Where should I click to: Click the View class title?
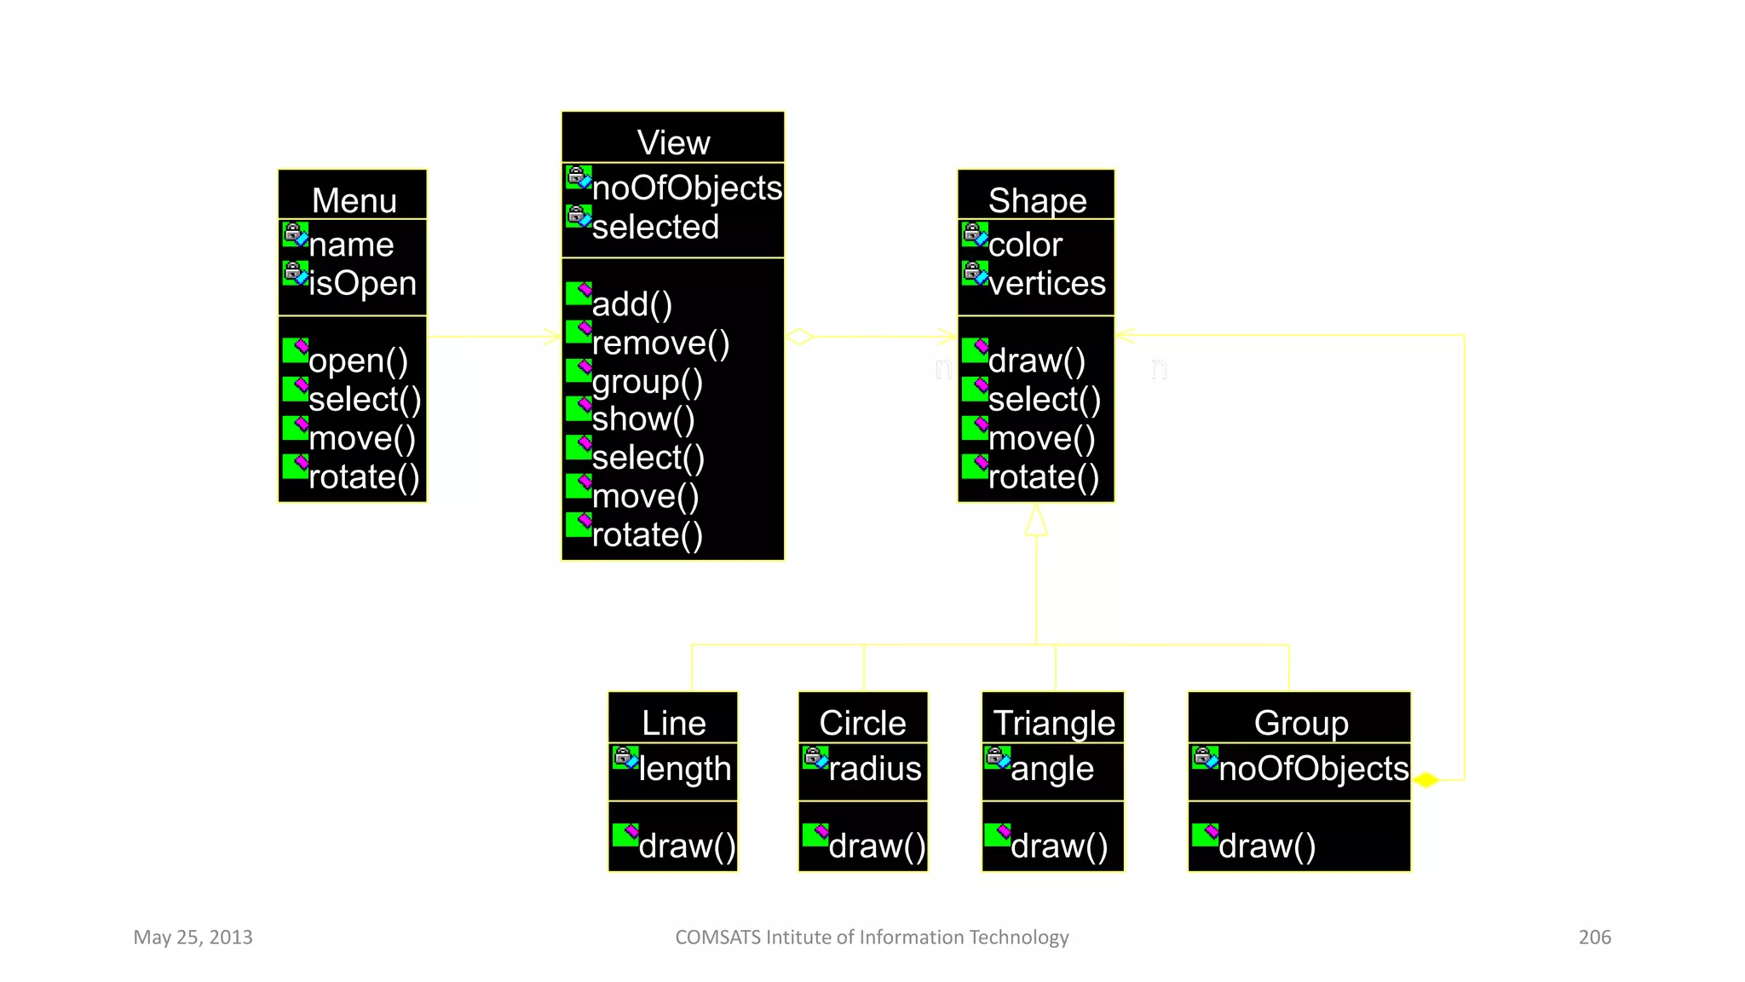pyautogui.click(x=673, y=142)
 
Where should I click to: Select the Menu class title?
pyautogui.click(x=354, y=200)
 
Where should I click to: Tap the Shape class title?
pyautogui.click(x=1037, y=200)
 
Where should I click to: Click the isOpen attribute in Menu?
pyautogui.click(x=362, y=283)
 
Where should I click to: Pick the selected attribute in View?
pyautogui.click(x=655, y=227)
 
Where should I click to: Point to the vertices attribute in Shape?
pyautogui.click(x=1046, y=283)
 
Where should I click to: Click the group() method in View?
pyautogui.click(x=647, y=381)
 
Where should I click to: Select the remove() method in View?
pyautogui.click(x=660, y=343)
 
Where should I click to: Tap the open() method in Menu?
pyautogui.click(x=358, y=361)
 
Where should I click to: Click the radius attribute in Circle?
pyautogui.click(x=874, y=768)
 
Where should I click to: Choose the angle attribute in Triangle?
pyautogui.click(x=1051, y=768)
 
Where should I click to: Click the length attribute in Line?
pyautogui.click(x=684, y=768)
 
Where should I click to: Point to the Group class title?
pyautogui.click(x=1300, y=723)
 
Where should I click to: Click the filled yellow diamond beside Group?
pyautogui.click(x=1426, y=779)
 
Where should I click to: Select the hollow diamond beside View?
pyautogui.click(x=799, y=337)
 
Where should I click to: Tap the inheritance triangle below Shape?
pyautogui.click(x=1036, y=521)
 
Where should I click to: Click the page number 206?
pyautogui.click(x=1594, y=937)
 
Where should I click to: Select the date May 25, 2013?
pyautogui.click(x=193, y=937)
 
